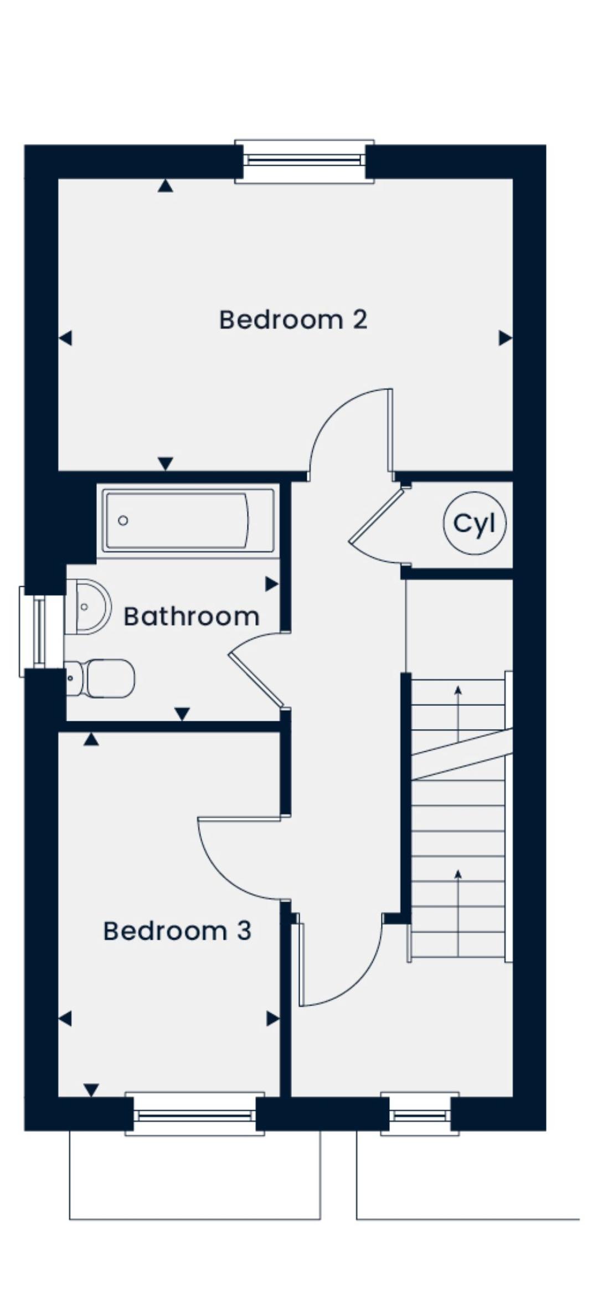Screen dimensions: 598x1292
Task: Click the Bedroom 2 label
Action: pyautogui.click(x=293, y=320)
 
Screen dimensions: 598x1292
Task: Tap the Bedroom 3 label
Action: pyautogui.click(x=177, y=931)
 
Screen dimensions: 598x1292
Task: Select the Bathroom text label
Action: pyautogui.click(x=191, y=616)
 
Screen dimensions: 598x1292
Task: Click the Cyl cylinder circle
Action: pyautogui.click(x=475, y=523)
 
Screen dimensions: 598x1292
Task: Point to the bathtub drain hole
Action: pyautogui.click(x=123, y=520)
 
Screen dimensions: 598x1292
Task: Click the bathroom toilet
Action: pyautogui.click(x=100, y=678)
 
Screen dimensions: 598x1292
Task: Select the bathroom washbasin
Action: pyautogui.click(x=87, y=607)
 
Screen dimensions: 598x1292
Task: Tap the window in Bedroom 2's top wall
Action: pyautogui.click(x=304, y=161)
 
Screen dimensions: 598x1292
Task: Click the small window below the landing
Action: pyautogui.click(x=420, y=1115)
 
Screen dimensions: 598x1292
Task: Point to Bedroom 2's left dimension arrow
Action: pyautogui.click(x=65, y=337)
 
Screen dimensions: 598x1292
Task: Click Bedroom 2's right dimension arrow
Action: pyautogui.click(x=505, y=337)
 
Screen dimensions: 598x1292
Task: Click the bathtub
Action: pyautogui.click(x=188, y=520)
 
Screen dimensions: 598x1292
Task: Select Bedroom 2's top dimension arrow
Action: pyautogui.click(x=165, y=186)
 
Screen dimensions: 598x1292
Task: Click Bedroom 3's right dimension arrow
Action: pyautogui.click(x=272, y=1018)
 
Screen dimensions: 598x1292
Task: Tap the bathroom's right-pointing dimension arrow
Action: pyautogui.click(x=271, y=583)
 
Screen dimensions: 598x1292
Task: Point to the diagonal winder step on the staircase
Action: pyautogui.click(x=462, y=755)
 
